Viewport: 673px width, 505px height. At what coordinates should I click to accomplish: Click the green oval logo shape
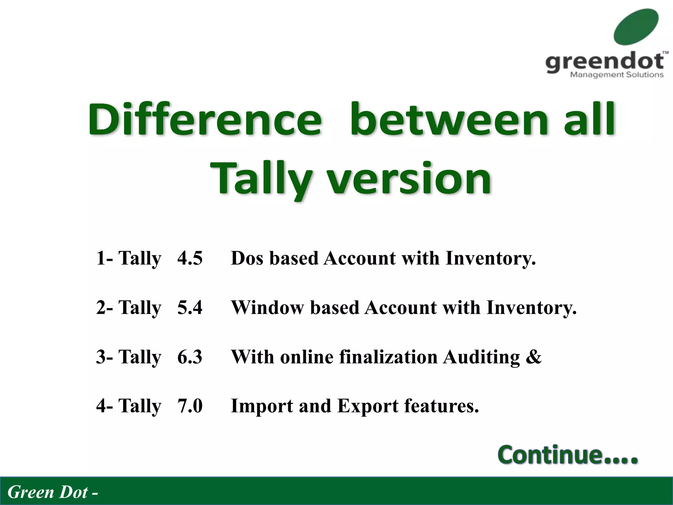[636, 27]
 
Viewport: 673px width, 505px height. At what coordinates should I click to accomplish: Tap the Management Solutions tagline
[616, 75]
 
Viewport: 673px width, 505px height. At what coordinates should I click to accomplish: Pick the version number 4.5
[190, 258]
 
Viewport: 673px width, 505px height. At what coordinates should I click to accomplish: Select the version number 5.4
[190, 307]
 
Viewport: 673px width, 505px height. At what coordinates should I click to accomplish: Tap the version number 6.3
[190, 357]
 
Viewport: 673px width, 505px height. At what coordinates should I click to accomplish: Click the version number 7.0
[190, 406]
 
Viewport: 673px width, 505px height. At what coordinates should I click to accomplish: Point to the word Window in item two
[267, 307]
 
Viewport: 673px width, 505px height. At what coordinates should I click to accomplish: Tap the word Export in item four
[368, 406]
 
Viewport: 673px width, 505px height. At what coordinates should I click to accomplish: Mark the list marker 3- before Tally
[104, 357]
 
